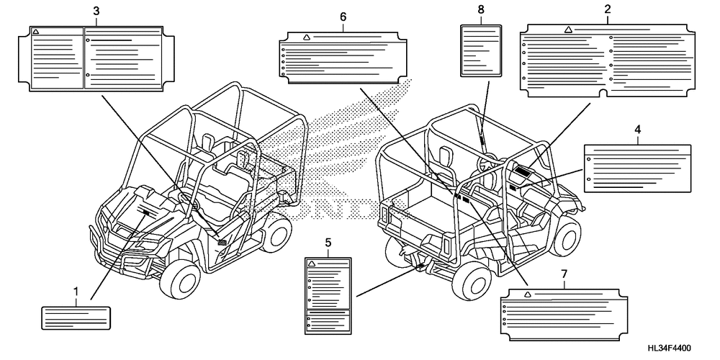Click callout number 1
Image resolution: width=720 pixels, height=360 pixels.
tap(76, 291)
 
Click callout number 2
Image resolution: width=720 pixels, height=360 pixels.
tap(608, 9)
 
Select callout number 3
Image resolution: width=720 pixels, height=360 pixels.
tap(96, 11)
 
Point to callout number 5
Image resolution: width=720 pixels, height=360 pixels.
tap(328, 243)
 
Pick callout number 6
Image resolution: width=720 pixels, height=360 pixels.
tap(343, 16)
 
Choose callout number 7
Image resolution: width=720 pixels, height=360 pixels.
tap(563, 274)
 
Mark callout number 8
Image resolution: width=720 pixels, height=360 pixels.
tap(480, 9)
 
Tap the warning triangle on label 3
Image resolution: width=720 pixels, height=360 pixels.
tap(37, 32)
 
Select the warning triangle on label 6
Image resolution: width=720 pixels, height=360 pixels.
tap(307, 37)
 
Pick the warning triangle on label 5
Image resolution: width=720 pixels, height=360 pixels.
tap(311, 264)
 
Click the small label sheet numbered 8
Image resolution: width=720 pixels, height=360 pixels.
tap(480, 49)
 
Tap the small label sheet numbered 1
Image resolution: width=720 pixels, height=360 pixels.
tap(76, 317)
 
